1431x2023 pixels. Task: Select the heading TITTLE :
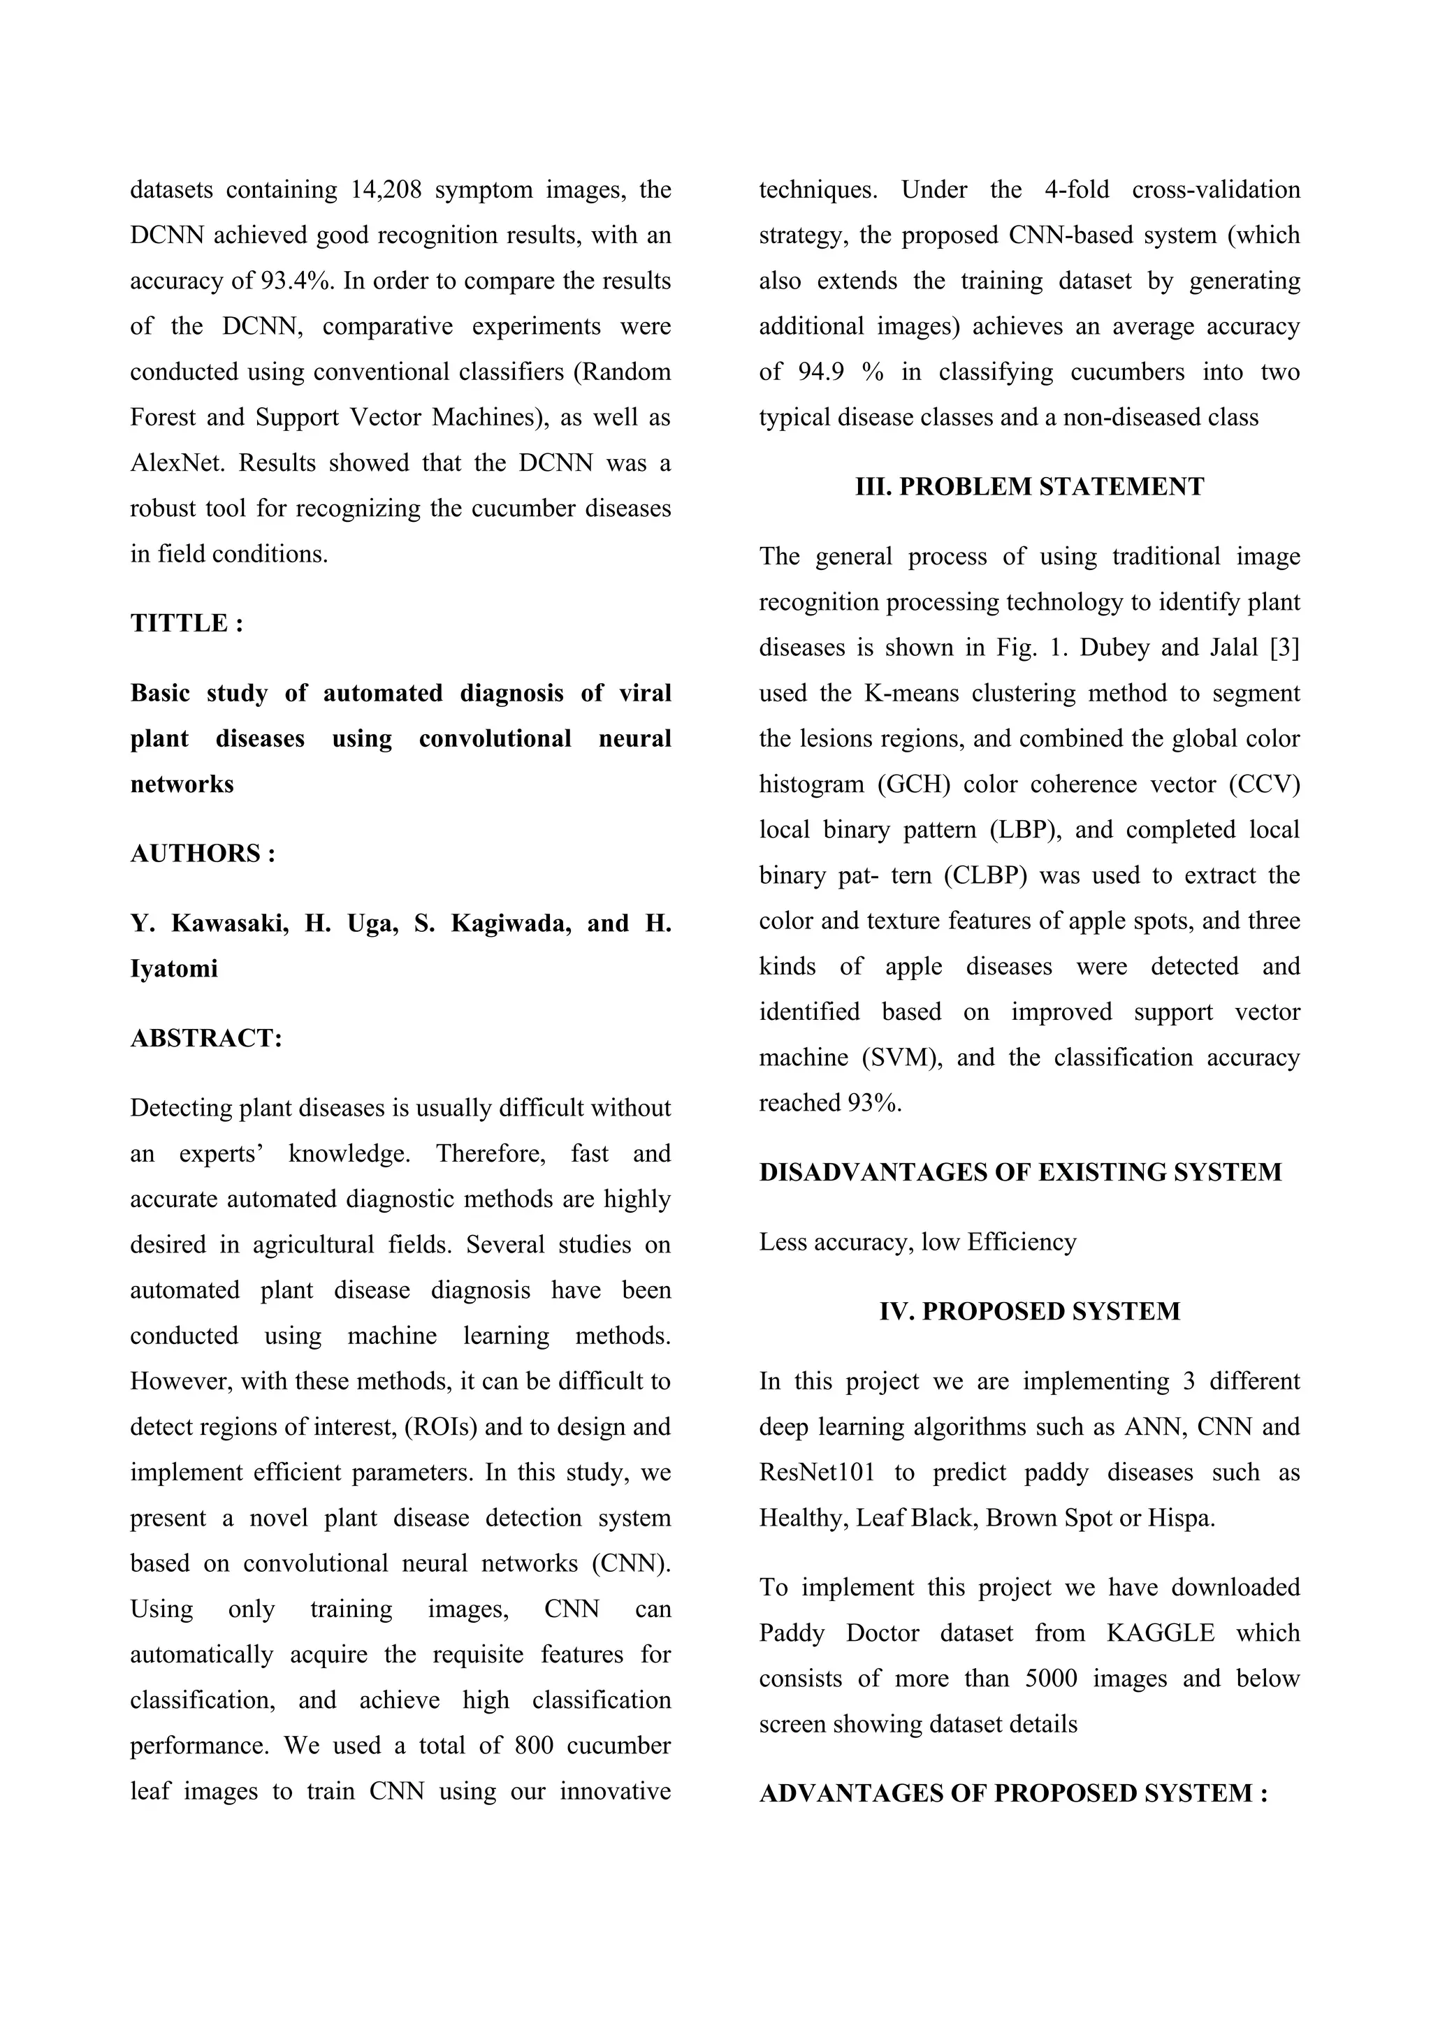click(187, 624)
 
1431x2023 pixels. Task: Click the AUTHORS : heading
click(203, 854)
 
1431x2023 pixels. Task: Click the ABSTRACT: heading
click(206, 1039)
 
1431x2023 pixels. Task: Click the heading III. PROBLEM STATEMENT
click(1029, 488)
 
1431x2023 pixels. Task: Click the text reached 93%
click(830, 1103)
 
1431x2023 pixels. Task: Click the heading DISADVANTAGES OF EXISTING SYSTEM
click(1020, 1173)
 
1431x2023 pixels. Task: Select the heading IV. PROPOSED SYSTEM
click(1029, 1312)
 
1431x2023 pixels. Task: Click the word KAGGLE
click(1161, 1633)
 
